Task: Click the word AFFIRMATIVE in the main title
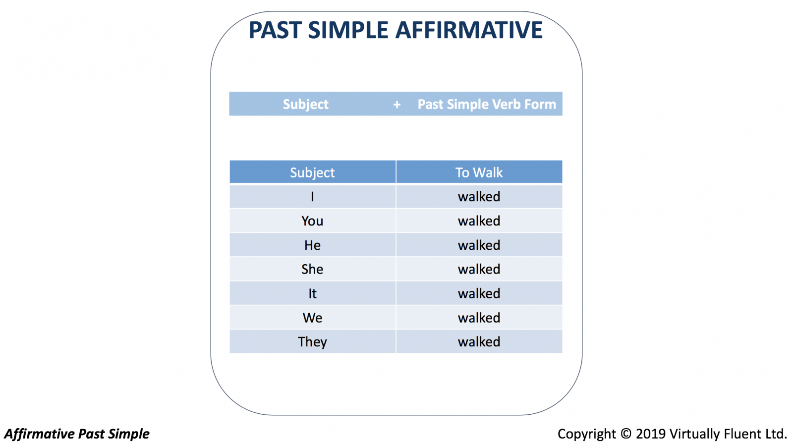pyautogui.click(x=469, y=30)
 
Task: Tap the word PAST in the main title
pyautogui.click(x=275, y=30)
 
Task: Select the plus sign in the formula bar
pyautogui.click(x=397, y=105)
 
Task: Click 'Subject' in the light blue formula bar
pyautogui.click(x=305, y=105)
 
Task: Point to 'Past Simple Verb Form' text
pyautogui.click(x=487, y=105)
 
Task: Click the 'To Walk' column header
pyautogui.click(x=479, y=172)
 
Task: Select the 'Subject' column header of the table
pyautogui.click(x=312, y=173)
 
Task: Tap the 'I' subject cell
pyautogui.click(x=312, y=197)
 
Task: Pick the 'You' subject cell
pyautogui.click(x=312, y=221)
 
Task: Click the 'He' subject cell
pyautogui.click(x=312, y=245)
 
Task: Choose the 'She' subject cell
pyautogui.click(x=312, y=269)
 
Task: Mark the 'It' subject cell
pyautogui.click(x=312, y=293)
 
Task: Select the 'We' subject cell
pyautogui.click(x=312, y=318)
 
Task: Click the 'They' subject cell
pyautogui.click(x=312, y=342)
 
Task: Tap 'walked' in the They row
pyautogui.click(x=479, y=342)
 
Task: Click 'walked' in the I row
pyautogui.click(x=479, y=197)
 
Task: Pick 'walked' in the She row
pyautogui.click(x=479, y=269)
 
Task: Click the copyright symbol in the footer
pyautogui.click(x=626, y=434)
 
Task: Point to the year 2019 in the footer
pyautogui.click(x=651, y=434)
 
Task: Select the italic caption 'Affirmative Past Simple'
pyautogui.click(x=77, y=434)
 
